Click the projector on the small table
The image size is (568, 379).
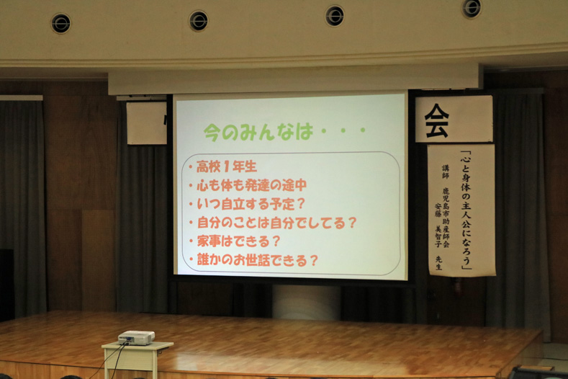coord(136,338)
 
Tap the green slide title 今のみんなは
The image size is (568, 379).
coord(258,132)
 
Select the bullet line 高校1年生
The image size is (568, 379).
coord(226,166)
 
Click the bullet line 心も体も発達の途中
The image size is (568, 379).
coord(251,185)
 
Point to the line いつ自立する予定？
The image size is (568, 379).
coord(251,204)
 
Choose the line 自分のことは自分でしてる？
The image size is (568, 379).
coord(276,223)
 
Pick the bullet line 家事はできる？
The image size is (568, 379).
coord(239,241)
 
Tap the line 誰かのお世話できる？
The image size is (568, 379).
coord(257,260)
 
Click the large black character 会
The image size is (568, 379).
coord(437,120)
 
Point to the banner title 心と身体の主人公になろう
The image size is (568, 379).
coord(466,210)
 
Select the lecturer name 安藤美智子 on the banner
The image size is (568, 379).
coord(438,226)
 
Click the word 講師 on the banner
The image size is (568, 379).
coord(445,172)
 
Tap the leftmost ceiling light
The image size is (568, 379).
coord(61,24)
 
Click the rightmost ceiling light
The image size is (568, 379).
coord(472,8)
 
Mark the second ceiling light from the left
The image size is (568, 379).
coord(199,21)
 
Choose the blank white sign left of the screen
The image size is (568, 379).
coord(146,122)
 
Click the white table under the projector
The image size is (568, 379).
coord(137,359)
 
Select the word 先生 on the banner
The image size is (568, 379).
coord(438,263)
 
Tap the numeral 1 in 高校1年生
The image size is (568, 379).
coord(226,167)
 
